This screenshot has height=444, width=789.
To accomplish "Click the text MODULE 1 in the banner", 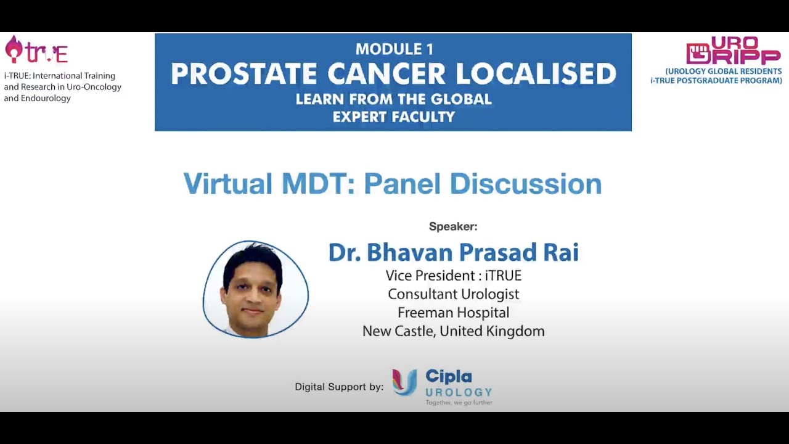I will point(394,49).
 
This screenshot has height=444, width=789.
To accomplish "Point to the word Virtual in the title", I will point(228,184).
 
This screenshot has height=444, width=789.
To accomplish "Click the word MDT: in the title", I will point(319,184).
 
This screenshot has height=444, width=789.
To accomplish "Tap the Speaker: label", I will point(453,227).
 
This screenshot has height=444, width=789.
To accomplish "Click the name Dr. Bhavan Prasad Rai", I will point(453,252).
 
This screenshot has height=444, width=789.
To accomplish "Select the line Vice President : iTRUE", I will point(453,276).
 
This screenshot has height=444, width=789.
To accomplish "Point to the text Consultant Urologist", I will point(453,294).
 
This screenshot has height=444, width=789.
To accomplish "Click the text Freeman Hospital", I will point(453,313).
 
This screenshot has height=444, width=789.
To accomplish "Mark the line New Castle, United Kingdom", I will point(453,331).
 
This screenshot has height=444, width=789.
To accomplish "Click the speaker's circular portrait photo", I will point(255,289).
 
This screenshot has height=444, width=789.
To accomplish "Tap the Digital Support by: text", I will point(339,387).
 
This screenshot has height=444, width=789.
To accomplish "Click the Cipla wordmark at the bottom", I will point(449,377).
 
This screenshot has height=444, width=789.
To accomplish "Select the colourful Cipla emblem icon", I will point(405,382).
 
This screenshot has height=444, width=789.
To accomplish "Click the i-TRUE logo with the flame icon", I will point(36,51).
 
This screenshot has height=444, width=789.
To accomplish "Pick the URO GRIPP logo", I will point(734,51).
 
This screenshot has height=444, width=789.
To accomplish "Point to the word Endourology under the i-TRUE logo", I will point(46,99).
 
